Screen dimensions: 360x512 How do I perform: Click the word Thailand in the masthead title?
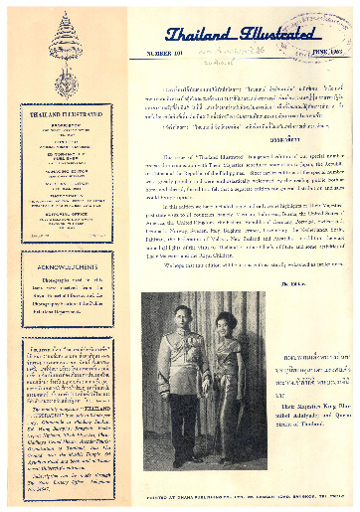190,35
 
